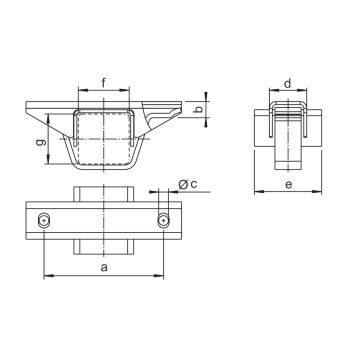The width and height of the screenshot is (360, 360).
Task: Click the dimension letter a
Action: [x=104, y=267]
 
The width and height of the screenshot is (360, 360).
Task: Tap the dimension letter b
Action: [x=199, y=109]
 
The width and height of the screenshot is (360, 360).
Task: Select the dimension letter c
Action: [x=194, y=184]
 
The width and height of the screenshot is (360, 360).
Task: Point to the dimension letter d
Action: [x=288, y=84]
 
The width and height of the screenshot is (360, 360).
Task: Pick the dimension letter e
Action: [x=289, y=184]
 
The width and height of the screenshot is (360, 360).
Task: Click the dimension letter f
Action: [x=104, y=83]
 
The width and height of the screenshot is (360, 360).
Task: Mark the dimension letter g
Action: [x=40, y=143]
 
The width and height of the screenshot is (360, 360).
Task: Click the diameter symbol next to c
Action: [x=183, y=184]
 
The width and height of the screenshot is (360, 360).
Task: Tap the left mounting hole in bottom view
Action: [x=44, y=221]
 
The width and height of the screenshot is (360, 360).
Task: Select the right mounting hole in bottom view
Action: [x=163, y=221]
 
